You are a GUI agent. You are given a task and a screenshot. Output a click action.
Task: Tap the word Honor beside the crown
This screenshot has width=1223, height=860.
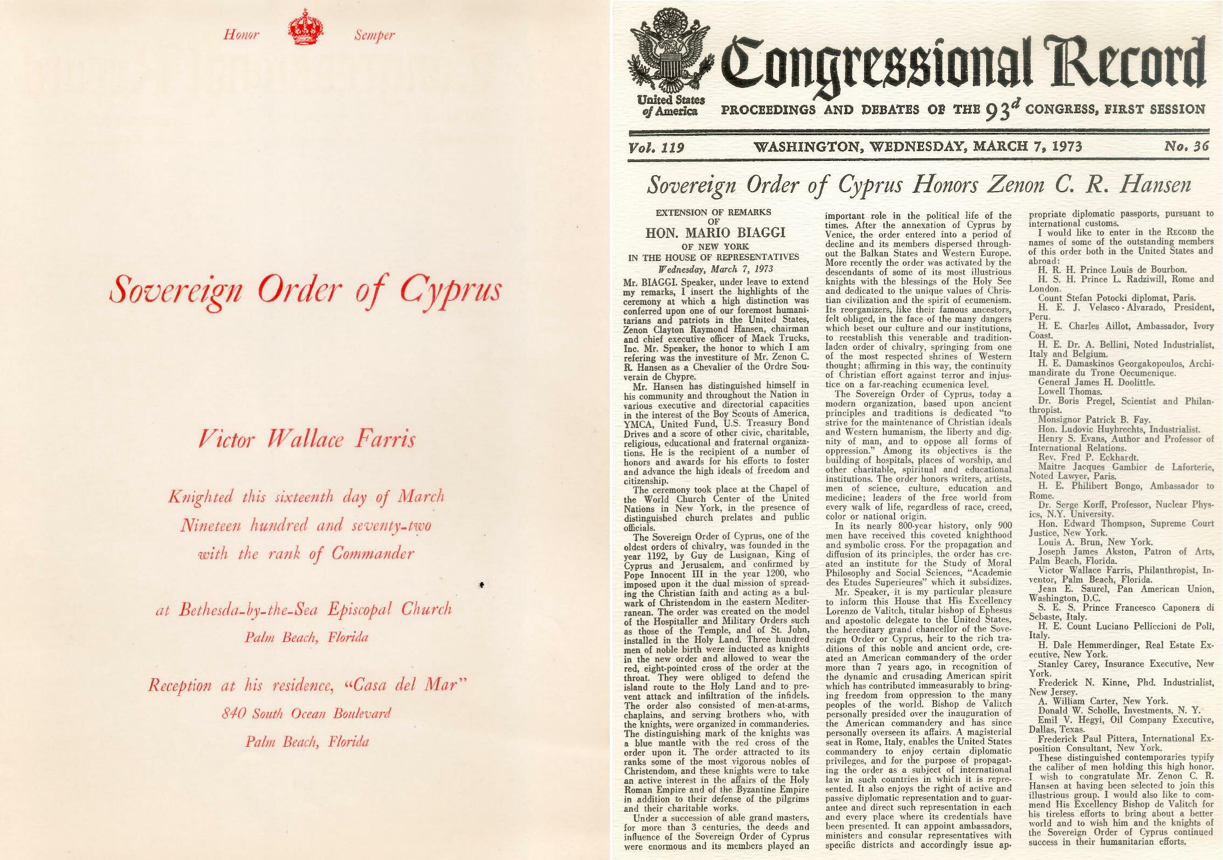(241, 35)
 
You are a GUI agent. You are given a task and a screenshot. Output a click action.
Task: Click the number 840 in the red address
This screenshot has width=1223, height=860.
(233, 714)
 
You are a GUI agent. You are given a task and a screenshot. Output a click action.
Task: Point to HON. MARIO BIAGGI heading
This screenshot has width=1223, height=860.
(716, 233)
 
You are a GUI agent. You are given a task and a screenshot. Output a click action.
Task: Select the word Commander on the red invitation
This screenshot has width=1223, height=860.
(373, 554)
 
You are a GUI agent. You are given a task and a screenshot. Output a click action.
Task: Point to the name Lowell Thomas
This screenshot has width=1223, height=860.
(1070, 392)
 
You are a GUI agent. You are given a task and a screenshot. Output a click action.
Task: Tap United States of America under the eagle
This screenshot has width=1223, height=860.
(671, 105)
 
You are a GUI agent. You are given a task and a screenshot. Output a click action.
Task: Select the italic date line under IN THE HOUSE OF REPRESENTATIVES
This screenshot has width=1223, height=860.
(716, 269)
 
